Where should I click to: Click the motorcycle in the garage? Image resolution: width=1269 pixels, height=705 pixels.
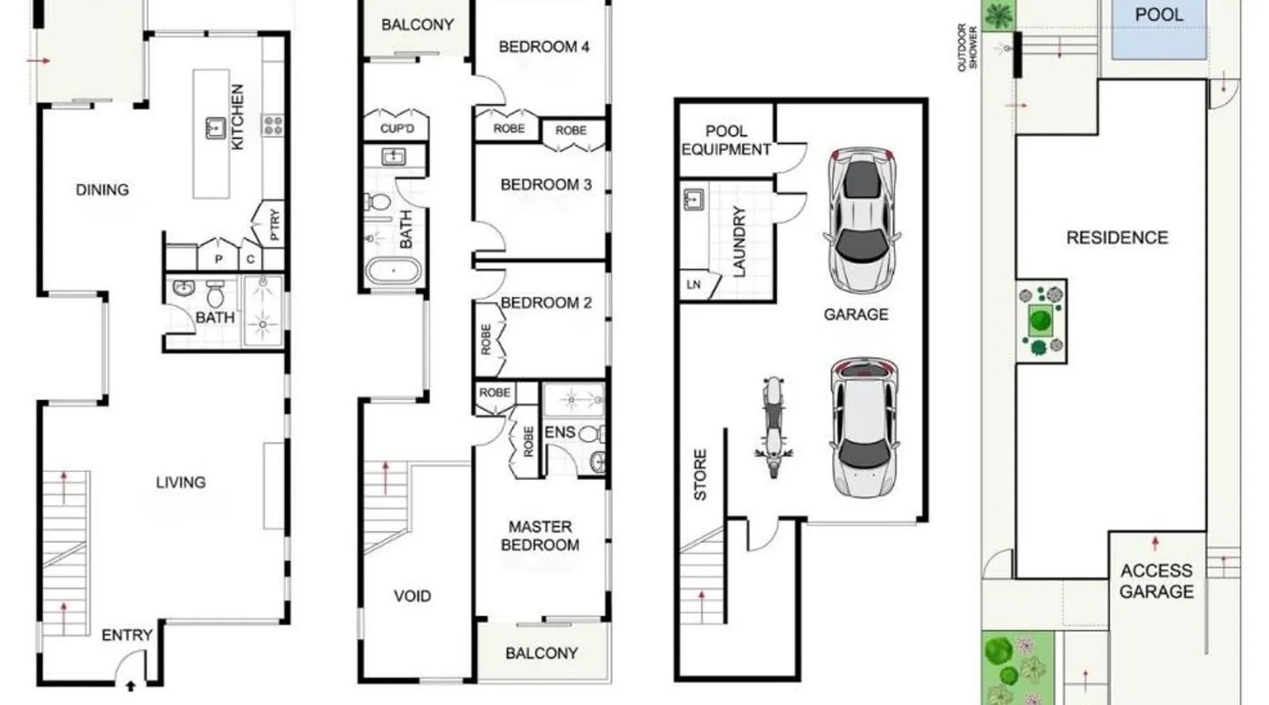773,427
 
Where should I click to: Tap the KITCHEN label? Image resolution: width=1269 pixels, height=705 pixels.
238,116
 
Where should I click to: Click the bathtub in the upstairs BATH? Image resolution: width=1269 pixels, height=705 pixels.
393,271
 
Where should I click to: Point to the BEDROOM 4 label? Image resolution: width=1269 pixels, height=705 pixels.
544,47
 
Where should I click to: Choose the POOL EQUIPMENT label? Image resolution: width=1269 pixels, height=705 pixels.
726,140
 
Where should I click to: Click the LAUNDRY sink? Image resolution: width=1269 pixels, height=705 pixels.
694,199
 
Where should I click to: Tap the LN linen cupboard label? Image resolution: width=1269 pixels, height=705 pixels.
694,285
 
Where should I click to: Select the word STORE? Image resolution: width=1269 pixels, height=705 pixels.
700,475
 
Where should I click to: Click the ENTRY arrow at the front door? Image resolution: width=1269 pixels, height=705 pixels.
130,685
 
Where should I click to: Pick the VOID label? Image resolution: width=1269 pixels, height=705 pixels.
412,596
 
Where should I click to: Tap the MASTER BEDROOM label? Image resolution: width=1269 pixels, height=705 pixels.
540,536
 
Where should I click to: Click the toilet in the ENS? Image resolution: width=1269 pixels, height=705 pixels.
591,434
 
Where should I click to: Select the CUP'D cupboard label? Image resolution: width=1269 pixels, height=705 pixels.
397,129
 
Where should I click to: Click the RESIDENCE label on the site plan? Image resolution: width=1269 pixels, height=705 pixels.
1117,238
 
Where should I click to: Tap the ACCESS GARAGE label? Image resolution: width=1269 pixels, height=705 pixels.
1156,581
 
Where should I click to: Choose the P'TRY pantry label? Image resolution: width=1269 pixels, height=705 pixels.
274,225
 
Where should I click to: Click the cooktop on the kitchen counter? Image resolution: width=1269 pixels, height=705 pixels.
272,125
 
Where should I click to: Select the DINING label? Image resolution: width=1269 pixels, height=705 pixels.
102,190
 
